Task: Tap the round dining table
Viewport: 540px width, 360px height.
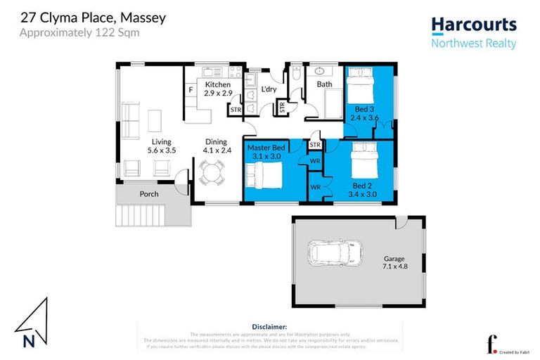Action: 210,170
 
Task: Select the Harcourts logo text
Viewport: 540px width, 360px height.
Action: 473,25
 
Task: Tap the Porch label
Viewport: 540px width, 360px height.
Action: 148,194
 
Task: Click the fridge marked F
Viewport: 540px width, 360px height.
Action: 191,89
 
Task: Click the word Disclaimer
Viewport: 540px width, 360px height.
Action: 269,327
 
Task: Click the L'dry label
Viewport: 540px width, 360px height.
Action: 268,89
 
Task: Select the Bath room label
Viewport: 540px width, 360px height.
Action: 324,84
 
